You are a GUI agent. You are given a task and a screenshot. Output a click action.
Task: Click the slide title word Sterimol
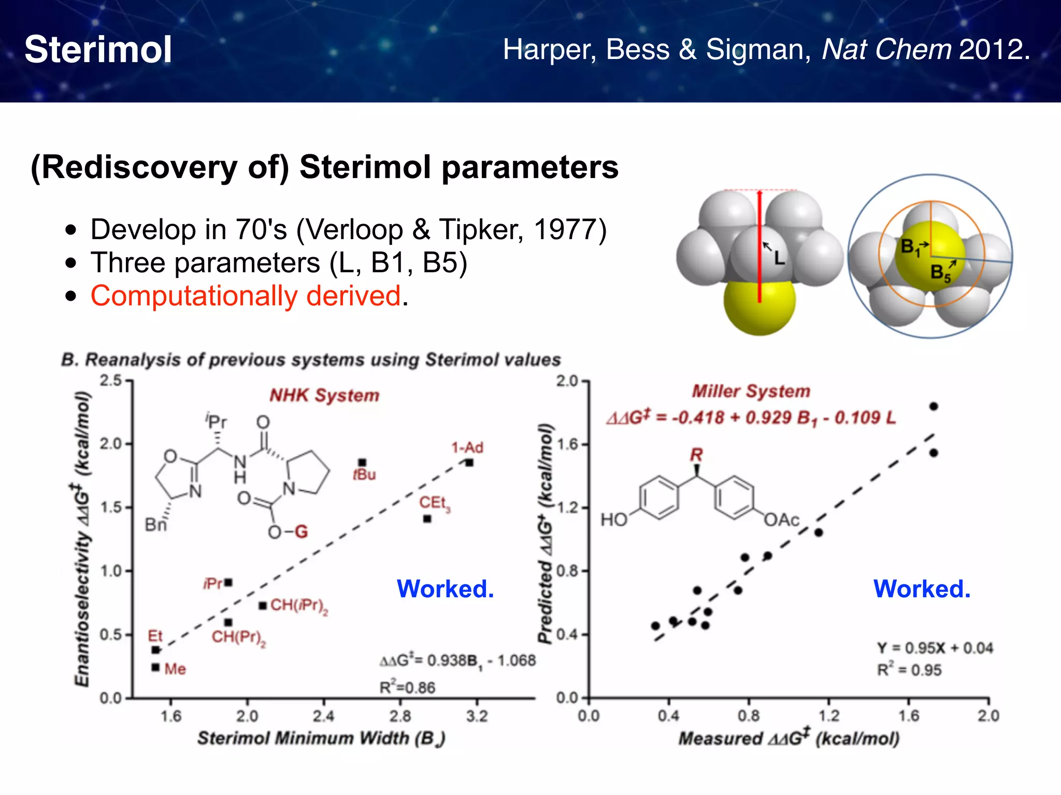(x=98, y=50)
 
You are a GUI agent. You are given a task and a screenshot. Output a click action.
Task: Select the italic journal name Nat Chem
(x=886, y=50)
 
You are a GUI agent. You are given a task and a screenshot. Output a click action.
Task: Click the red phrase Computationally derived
(x=246, y=296)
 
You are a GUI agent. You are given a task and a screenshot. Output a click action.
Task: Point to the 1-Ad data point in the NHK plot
(x=469, y=463)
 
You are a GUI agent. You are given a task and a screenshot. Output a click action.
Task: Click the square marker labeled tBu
(x=363, y=463)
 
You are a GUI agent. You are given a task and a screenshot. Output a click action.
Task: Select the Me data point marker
(x=155, y=667)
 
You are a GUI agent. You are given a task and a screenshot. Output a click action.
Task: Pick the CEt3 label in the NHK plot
(x=434, y=503)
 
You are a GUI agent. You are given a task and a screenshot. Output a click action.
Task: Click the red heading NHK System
(x=324, y=395)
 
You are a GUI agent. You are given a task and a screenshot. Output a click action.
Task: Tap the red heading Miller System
(x=751, y=391)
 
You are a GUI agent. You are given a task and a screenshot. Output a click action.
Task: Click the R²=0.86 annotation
(x=407, y=687)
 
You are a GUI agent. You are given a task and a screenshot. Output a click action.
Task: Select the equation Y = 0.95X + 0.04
(x=935, y=648)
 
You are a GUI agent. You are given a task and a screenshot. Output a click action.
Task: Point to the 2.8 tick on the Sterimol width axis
(x=400, y=716)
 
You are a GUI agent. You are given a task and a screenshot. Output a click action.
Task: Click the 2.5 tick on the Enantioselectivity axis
(x=111, y=381)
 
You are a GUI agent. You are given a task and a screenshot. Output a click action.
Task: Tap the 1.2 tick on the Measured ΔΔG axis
(x=828, y=716)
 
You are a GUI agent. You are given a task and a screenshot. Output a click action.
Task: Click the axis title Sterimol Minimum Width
(x=321, y=738)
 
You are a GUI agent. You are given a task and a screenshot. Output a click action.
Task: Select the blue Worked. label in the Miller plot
(x=922, y=589)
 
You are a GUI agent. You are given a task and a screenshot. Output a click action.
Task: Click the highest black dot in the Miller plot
(x=934, y=406)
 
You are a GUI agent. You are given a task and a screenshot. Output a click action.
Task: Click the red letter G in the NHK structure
(x=301, y=532)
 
